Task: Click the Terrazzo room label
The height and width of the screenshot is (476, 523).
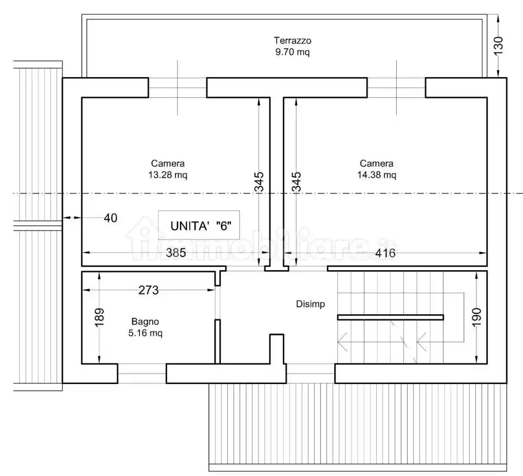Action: click(x=292, y=41)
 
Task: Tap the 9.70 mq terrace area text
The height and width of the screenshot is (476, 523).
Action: click(x=292, y=52)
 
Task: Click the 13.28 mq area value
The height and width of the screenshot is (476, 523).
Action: click(x=168, y=175)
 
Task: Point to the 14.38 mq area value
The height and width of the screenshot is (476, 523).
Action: click(x=376, y=175)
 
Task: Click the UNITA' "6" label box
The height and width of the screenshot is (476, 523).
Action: click(x=198, y=225)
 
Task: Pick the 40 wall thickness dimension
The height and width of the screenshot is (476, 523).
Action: click(x=110, y=218)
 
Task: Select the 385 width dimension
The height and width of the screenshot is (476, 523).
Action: click(x=176, y=253)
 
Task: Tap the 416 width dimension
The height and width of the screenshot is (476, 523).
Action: click(x=385, y=253)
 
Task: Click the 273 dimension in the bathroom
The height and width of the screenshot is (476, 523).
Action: click(x=149, y=290)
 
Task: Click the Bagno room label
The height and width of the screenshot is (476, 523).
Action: click(x=145, y=322)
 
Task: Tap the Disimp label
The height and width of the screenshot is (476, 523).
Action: click(x=310, y=304)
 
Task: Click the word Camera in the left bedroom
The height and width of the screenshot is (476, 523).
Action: click(x=168, y=164)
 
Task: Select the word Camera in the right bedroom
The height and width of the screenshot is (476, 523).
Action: click(x=376, y=164)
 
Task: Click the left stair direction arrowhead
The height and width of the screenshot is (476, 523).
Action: click(x=342, y=341)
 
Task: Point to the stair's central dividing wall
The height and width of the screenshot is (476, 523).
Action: click(x=390, y=317)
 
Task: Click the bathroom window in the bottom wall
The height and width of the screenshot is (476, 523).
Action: click(x=142, y=373)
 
